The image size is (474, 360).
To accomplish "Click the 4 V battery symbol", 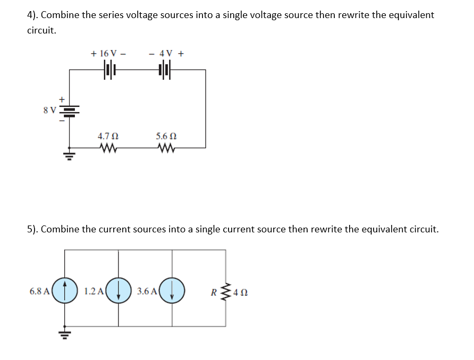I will click(164, 69).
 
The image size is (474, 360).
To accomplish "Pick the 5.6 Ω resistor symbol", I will click(164, 147).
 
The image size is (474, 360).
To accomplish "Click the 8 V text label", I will click(49, 111).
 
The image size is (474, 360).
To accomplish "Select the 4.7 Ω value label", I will click(108, 136).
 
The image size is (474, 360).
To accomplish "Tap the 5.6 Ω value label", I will click(165, 136).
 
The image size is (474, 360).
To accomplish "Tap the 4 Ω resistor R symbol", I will click(225, 291).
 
